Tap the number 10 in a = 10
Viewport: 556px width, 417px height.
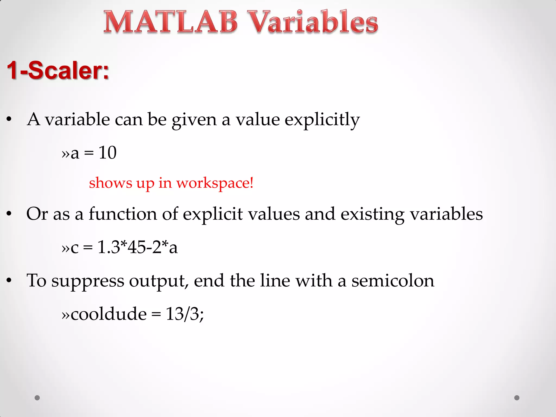pos(108,153)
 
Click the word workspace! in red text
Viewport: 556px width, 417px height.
pos(215,183)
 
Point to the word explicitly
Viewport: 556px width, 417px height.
pos(322,119)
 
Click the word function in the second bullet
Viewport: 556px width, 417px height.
pos(123,214)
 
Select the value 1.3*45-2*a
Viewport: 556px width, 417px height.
pos(137,247)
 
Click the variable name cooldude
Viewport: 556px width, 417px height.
pos(109,314)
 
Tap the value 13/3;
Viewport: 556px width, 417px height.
pos(185,314)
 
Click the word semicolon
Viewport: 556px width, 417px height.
pos(393,281)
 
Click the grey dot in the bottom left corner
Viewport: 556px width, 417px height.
pos(37,398)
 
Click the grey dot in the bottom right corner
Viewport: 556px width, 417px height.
pos(517,398)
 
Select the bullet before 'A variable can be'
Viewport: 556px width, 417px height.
pos(9,119)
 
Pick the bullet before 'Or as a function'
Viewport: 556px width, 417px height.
pos(9,214)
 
